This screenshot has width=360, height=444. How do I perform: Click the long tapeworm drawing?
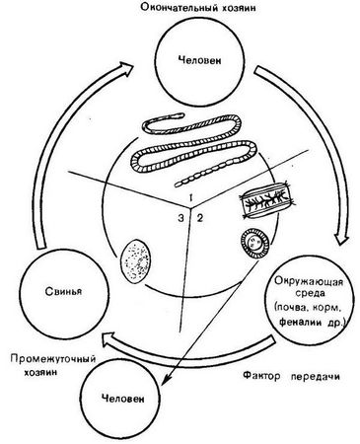coord(182,148)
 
